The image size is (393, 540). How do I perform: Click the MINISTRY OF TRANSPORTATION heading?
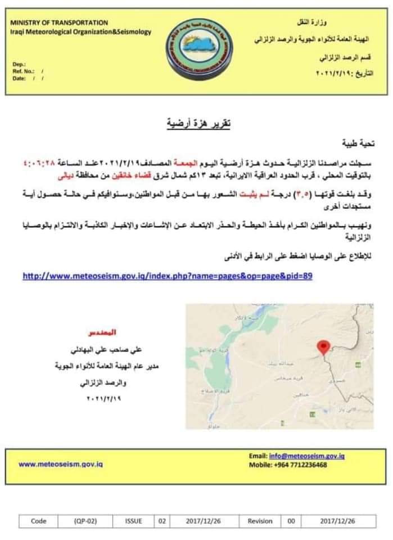point(59,22)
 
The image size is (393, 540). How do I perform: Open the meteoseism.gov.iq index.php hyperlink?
point(167,276)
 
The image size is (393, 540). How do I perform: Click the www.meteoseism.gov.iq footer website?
point(61,464)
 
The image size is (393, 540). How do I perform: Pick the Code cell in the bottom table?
point(39,521)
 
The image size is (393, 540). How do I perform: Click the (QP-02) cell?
point(85,521)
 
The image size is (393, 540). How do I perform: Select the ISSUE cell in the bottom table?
point(134,521)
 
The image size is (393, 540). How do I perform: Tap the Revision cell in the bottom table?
point(260,521)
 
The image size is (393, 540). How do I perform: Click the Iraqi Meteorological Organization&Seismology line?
point(80,31)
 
